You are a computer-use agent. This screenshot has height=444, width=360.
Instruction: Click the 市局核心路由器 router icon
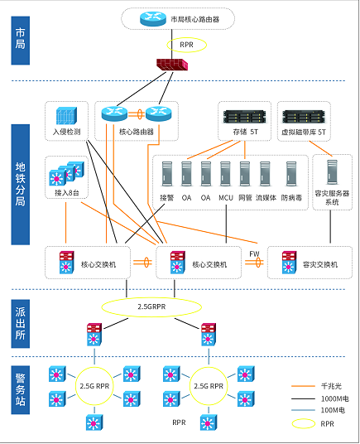(153, 18)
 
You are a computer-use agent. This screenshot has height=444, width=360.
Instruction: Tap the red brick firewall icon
(172, 65)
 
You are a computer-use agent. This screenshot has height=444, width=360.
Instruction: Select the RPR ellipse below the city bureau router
(187, 45)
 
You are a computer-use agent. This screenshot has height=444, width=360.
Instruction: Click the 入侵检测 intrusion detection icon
(66, 116)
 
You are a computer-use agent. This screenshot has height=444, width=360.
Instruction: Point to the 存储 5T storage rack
(245, 116)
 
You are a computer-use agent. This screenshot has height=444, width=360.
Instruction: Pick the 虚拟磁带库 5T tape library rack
(304, 116)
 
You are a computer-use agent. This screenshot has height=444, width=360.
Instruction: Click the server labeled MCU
(225, 174)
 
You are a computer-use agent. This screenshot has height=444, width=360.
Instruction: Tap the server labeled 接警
(167, 174)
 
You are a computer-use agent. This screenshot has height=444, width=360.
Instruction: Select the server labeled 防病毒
(291, 174)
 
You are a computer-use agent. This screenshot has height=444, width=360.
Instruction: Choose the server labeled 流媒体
(265, 174)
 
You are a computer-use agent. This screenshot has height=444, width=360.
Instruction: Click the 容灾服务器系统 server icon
(333, 172)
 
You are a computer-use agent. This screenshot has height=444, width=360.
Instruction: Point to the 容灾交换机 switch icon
(289, 263)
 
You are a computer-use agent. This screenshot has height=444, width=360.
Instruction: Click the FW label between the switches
(254, 254)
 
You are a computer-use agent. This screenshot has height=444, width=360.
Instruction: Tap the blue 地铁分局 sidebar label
(21, 185)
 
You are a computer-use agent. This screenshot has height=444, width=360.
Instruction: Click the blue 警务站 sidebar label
(21, 390)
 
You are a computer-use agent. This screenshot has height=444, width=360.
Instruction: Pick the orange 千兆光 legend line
(303, 386)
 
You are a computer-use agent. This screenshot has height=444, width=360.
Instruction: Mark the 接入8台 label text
(67, 193)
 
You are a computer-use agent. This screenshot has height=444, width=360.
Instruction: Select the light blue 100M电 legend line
(303, 410)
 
